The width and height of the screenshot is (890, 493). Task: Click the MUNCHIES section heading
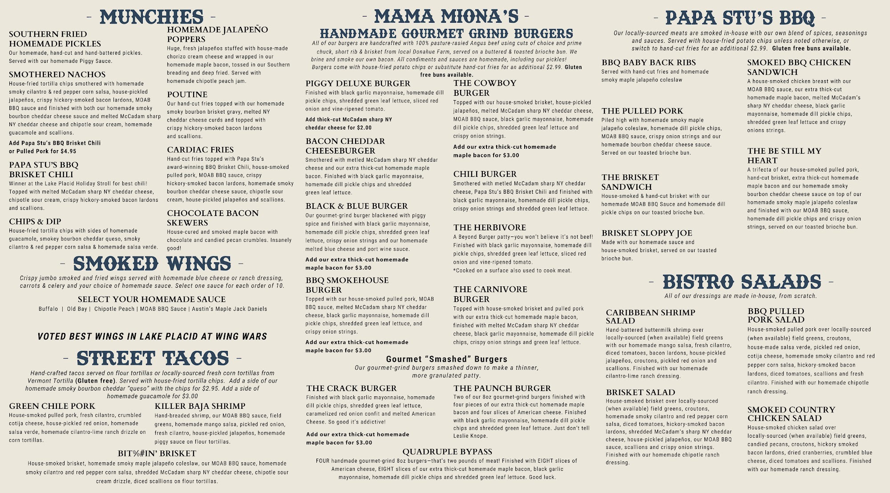tap(151, 17)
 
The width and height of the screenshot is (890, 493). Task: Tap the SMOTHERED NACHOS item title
tap(57, 74)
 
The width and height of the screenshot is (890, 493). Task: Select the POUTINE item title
tap(187, 94)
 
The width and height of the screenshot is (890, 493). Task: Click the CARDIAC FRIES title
tap(200, 150)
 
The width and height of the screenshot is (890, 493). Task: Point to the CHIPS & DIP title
tap(35, 221)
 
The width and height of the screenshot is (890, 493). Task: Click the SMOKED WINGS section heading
tap(152, 264)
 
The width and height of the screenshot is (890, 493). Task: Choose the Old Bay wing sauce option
tap(77, 309)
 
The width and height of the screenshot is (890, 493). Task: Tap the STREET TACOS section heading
tap(153, 359)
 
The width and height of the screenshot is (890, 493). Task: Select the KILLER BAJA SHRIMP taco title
tap(200, 406)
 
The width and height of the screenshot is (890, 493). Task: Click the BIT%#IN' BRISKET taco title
tap(157, 453)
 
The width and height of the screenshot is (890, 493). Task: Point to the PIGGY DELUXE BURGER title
tap(358, 83)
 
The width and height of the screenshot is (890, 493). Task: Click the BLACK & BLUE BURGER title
tap(356, 206)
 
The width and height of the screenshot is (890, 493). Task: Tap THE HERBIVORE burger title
tap(489, 228)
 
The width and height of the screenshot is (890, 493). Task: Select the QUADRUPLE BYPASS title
tap(447, 452)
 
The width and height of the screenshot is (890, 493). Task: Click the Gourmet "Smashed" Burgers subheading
tap(446, 359)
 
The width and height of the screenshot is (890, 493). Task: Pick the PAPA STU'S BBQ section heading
tap(740, 18)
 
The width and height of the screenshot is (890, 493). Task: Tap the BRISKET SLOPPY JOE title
tap(647, 233)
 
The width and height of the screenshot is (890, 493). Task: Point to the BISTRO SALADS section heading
tap(741, 282)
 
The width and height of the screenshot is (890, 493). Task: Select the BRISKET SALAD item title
tap(640, 392)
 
